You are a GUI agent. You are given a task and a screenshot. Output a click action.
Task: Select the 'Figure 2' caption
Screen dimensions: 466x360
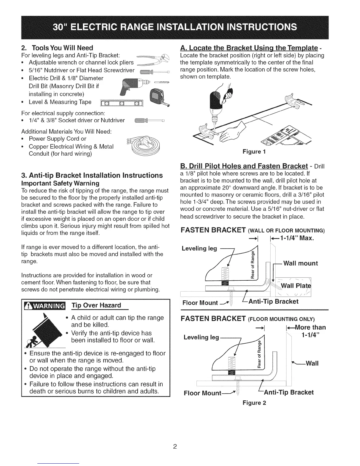(x=254, y=403)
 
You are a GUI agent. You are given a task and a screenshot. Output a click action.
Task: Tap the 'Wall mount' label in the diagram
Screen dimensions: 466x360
(x=300, y=263)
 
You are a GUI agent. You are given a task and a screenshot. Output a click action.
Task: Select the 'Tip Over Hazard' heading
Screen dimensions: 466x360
(x=96, y=305)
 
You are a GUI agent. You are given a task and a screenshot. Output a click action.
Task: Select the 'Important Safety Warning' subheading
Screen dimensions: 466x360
(x=61, y=183)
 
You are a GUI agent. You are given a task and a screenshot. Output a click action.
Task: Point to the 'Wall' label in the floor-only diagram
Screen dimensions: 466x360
(x=312, y=363)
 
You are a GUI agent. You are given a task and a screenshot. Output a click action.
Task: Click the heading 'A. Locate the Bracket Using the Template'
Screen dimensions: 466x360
(x=249, y=48)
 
